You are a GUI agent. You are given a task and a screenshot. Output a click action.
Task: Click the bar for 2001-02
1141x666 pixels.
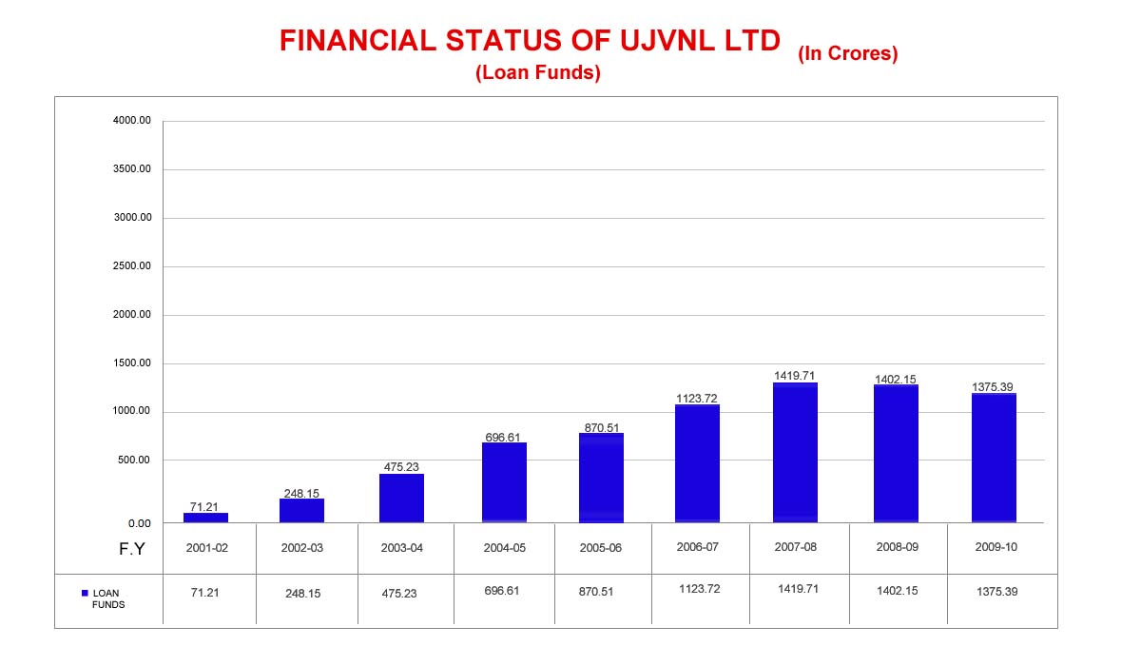pyautogui.click(x=205, y=518)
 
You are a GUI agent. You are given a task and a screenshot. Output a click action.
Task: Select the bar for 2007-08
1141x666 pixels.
pyautogui.click(x=795, y=453)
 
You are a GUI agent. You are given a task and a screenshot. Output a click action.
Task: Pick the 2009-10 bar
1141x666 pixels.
pyautogui.click(x=994, y=458)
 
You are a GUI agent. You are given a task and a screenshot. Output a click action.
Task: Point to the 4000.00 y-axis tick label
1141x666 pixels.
pyautogui.click(x=131, y=121)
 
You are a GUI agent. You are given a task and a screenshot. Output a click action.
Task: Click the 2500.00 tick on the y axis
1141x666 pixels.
pyautogui.click(x=131, y=266)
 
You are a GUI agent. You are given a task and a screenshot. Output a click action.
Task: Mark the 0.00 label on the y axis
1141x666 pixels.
pyautogui.click(x=139, y=523)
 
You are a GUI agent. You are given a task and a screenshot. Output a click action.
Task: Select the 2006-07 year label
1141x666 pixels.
pyautogui.click(x=697, y=547)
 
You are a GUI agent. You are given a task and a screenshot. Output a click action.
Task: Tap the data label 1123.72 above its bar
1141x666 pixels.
pyautogui.click(x=697, y=398)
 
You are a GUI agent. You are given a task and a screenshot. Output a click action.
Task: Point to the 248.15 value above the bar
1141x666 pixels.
pyautogui.click(x=301, y=493)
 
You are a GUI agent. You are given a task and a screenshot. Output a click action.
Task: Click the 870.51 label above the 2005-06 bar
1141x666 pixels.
pyautogui.click(x=601, y=427)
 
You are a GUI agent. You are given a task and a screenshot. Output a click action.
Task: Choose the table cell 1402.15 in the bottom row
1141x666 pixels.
pyautogui.click(x=897, y=592)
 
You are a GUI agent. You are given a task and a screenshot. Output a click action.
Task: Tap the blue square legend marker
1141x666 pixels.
pyautogui.click(x=85, y=593)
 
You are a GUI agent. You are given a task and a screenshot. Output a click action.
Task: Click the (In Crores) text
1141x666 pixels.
pyautogui.click(x=847, y=54)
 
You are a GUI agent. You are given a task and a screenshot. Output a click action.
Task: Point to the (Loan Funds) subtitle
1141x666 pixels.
pyautogui.click(x=538, y=73)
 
